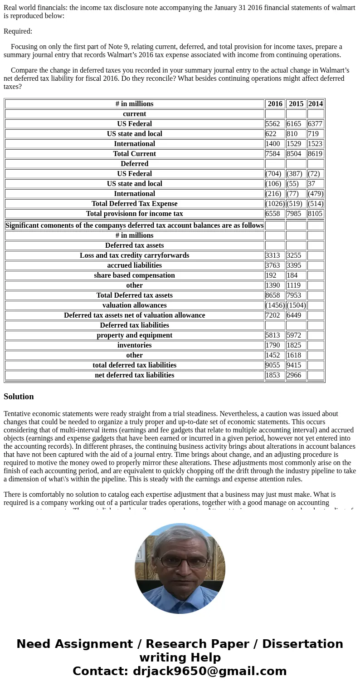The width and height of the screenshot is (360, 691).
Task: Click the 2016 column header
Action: pos(275,104)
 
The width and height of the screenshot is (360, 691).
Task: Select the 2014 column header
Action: pos(316,104)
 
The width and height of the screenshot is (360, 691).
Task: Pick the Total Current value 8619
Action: pos(315,154)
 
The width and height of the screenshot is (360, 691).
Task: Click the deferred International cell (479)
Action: pos(316,194)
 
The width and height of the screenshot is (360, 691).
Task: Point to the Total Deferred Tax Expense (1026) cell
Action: pos(275,204)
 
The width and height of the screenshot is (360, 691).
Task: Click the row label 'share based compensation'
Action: pos(134,275)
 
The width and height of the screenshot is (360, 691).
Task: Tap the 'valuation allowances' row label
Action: pos(134,305)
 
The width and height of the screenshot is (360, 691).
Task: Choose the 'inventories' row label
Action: pos(134,345)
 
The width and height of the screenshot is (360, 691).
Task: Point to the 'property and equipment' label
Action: pos(134,335)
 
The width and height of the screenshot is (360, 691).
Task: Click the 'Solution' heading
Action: pos(19,397)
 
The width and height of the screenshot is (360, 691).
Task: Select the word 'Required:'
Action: pos(18,31)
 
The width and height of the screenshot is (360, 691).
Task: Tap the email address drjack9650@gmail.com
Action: pos(209,671)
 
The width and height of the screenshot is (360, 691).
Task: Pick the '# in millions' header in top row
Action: pos(134,104)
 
